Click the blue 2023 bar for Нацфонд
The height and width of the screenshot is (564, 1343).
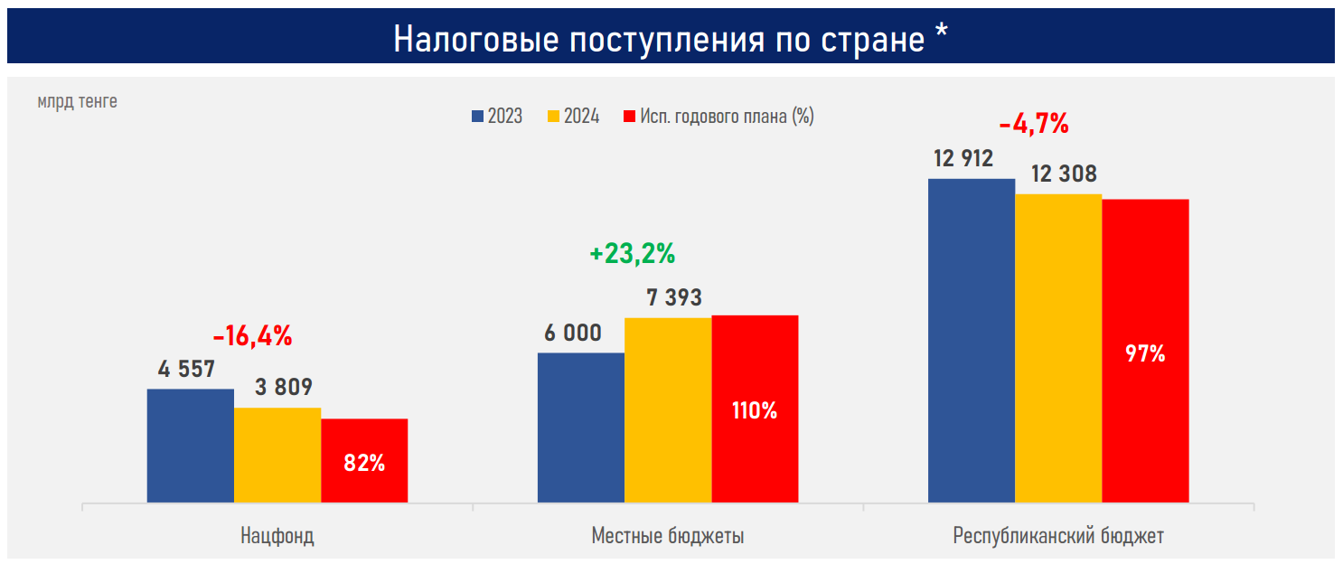coord(191,445)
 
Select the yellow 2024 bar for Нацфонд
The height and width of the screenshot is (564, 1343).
coord(277,455)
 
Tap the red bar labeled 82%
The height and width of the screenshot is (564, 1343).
coord(364,460)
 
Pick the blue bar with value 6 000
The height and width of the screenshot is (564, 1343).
coord(581,427)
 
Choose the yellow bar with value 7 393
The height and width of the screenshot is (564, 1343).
coord(668,409)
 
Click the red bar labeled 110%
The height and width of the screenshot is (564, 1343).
coord(755,409)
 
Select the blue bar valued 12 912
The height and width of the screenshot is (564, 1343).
coord(972,340)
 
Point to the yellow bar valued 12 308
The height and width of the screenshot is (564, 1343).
coord(1058,347)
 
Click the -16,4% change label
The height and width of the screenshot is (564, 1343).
coord(253,337)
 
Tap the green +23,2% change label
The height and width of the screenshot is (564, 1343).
coord(633,254)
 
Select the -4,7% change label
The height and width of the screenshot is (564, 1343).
coord(1034,123)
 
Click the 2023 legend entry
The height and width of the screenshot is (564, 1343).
coord(497,117)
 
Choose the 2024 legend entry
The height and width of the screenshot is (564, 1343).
coord(573,117)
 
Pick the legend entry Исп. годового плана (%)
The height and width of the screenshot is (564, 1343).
coord(719,117)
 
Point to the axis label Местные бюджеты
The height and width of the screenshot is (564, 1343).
coord(668,536)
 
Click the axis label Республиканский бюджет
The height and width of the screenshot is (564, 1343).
coord(1058,536)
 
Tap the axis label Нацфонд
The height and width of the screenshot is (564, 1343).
coord(277,536)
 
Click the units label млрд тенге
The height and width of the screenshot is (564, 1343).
coord(78,102)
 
